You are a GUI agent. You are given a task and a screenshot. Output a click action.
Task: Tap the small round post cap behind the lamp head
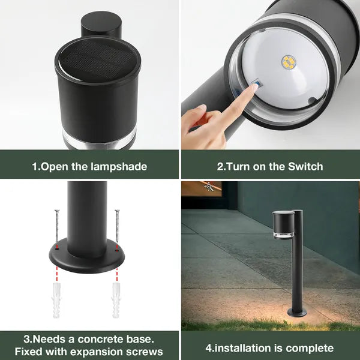(101, 25)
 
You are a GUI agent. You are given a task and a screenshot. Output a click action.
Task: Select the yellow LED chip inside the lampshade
(289, 62)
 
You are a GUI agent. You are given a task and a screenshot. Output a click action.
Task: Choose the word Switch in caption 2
(303, 166)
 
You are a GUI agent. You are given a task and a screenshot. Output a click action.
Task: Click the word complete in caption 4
(309, 348)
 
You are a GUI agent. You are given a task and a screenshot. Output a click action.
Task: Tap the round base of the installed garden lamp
(297, 313)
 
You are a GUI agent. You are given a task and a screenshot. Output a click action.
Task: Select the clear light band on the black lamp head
(99, 140)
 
